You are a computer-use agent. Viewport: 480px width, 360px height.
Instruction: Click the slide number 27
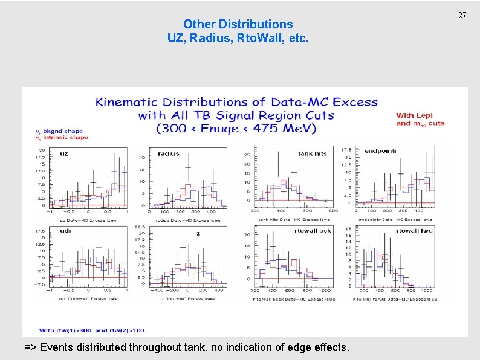tap(462, 14)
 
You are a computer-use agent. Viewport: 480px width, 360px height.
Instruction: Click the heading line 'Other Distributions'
tap(238, 24)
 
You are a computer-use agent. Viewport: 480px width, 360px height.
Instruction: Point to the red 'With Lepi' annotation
tap(414, 115)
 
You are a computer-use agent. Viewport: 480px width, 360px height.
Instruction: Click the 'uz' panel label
tap(63, 153)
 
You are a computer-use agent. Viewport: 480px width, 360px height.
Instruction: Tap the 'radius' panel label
tap(168, 153)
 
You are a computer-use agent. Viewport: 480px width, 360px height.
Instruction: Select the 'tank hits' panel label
tap(312, 153)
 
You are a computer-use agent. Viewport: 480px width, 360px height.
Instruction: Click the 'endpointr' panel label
tap(381, 150)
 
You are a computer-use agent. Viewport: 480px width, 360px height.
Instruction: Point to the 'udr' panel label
tap(66, 230)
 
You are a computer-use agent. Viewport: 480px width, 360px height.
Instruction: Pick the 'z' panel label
tap(198, 233)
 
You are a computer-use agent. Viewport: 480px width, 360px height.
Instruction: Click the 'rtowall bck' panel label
tap(313, 230)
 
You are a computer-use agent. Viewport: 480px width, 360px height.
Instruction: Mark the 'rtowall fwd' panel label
tap(414, 230)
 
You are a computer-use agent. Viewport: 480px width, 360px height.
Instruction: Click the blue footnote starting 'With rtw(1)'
tap(92, 330)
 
